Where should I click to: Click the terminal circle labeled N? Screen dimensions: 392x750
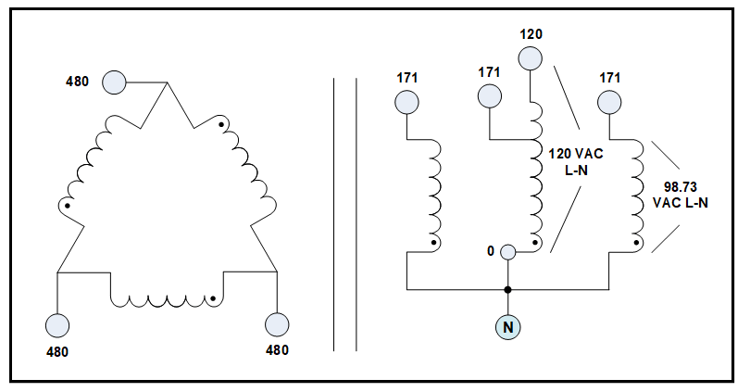point(507,326)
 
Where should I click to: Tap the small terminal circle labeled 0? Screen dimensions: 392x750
point(507,251)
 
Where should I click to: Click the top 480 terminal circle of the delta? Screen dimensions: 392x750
point(114,82)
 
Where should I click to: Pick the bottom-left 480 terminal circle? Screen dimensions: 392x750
point(57,325)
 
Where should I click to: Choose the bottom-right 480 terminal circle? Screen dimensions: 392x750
point(277,325)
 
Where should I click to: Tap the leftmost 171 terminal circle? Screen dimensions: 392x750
point(406,101)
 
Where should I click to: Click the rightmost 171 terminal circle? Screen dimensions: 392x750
point(609,101)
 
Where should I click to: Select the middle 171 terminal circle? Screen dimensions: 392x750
point(489,96)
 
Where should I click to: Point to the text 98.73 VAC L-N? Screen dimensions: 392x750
point(681,196)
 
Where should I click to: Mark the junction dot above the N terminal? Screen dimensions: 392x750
point(507,290)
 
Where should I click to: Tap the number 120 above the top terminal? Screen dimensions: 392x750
point(531,34)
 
